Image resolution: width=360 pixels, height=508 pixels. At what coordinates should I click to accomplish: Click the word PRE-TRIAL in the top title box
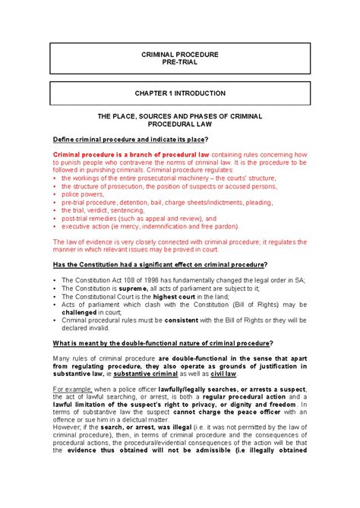coord(179,66)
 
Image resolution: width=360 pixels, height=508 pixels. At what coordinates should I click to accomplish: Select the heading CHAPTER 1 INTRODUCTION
coord(180,93)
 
